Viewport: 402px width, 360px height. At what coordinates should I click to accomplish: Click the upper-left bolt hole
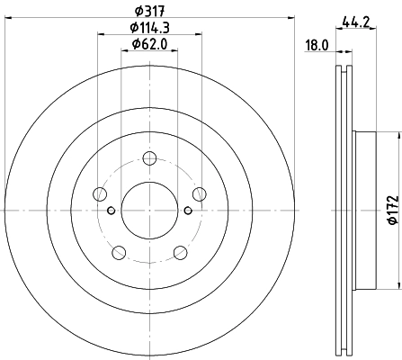coord(99,194)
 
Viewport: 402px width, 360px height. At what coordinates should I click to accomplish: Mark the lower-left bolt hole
coord(117,251)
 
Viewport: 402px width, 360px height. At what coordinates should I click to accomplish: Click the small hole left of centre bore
coord(111,211)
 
